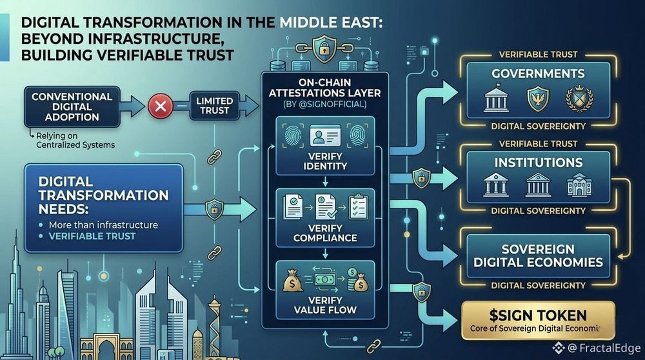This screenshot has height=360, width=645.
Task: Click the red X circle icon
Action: (x=159, y=106)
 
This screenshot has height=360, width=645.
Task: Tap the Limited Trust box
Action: (x=213, y=106)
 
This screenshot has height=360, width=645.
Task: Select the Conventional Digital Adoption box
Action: (x=72, y=107)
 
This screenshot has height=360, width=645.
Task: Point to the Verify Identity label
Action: (x=325, y=161)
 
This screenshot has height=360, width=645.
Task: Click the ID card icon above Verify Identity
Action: (x=325, y=136)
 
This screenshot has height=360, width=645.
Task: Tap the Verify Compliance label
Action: (x=325, y=233)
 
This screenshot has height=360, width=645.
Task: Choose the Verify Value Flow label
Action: (x=325, y=305)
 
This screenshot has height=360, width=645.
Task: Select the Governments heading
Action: (x=538, y=74)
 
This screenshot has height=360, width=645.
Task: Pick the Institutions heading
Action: (x=538, y=163)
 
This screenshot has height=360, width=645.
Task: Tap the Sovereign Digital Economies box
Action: (x=538, y=255)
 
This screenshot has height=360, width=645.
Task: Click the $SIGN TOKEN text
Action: (x=538, y=315)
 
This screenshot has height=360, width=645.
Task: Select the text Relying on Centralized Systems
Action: (x=75, y=140)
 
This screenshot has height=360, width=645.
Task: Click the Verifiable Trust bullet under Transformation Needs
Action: (x=94, y=237)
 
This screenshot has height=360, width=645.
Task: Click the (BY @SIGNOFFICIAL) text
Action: (x=325, y=104)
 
